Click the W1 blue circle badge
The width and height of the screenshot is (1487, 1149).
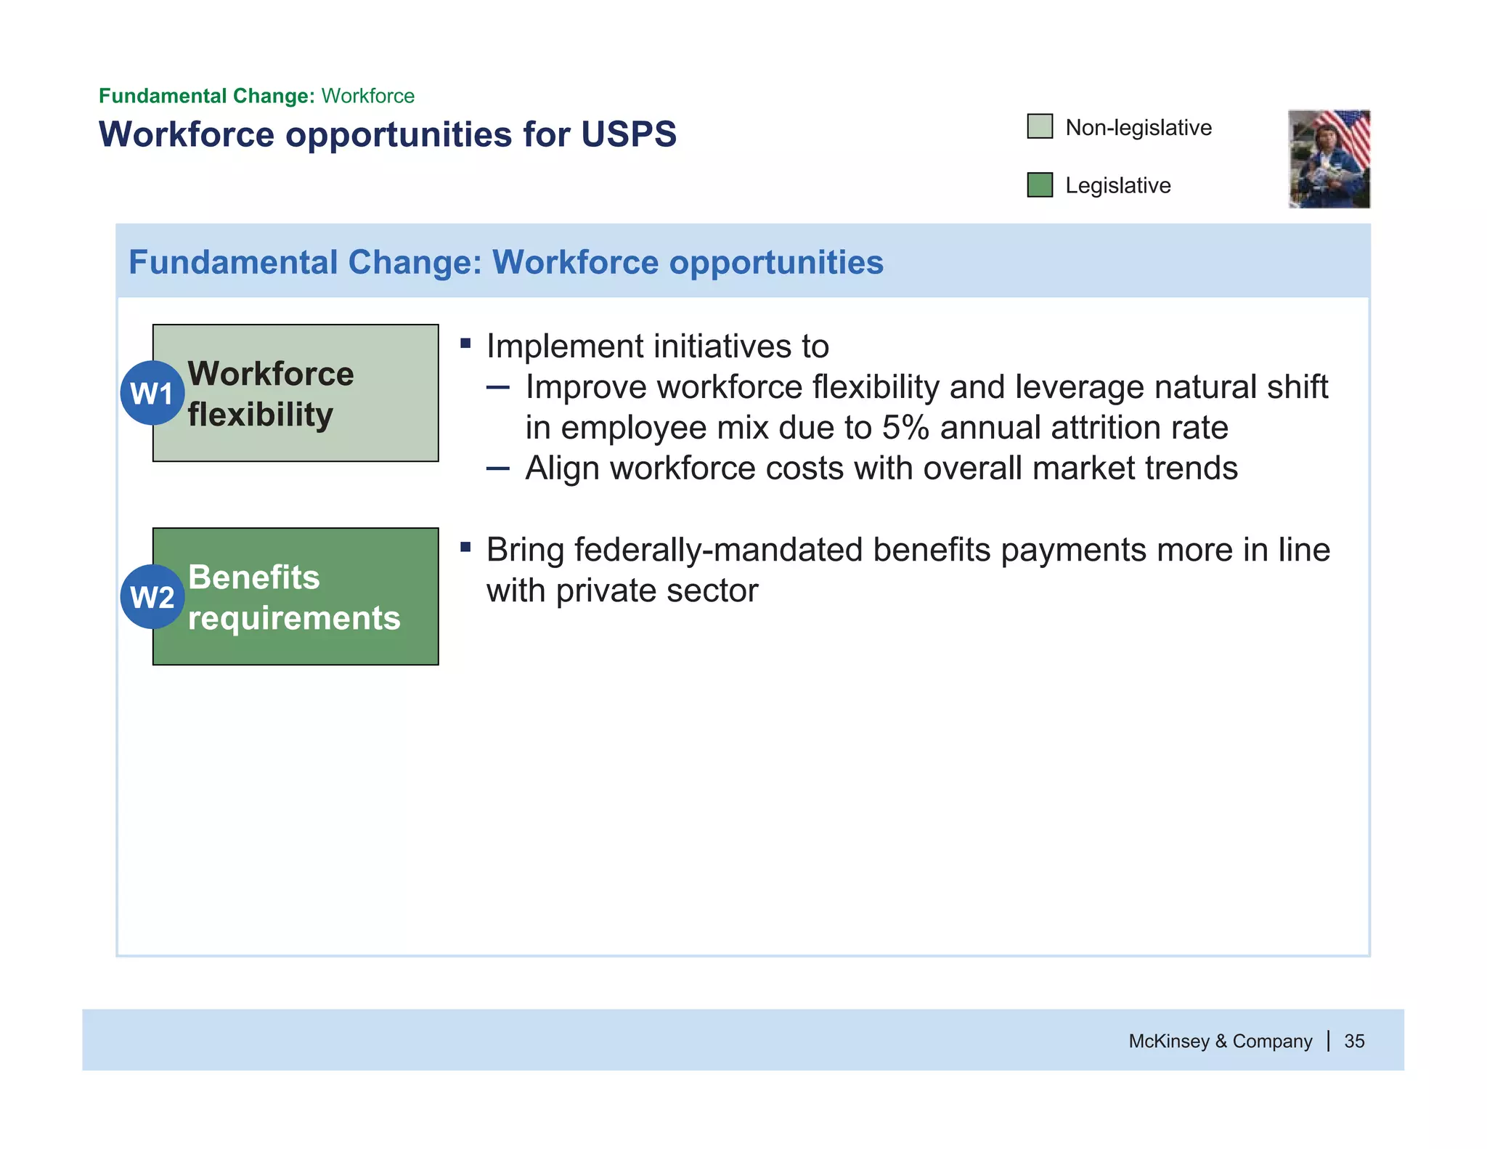[152, 393]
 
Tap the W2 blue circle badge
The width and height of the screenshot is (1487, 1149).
[152, 596]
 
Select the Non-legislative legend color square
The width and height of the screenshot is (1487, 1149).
[1040, 126]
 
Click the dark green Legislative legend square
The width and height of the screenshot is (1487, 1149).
[1040, 184]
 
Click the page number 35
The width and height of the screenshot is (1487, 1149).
[1354, 1041]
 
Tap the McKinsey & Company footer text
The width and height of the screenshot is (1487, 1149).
[1220, 1041]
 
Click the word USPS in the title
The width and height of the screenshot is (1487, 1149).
[629, 134]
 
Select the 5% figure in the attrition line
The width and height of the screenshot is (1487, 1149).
[905, 428]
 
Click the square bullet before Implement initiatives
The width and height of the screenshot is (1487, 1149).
[465, 343]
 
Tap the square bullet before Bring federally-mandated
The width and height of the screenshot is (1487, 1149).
[465, 546]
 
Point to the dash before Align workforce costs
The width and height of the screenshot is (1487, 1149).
[498, 468]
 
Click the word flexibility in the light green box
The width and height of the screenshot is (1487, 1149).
[260, 415]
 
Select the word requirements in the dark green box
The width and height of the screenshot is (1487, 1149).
[294, 618]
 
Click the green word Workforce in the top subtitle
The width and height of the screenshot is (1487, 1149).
[367, 96]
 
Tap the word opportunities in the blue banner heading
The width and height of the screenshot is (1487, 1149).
[775, 262]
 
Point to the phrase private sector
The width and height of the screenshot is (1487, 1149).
[656, 590]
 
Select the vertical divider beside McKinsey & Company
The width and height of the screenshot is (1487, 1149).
[1328, 1041]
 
